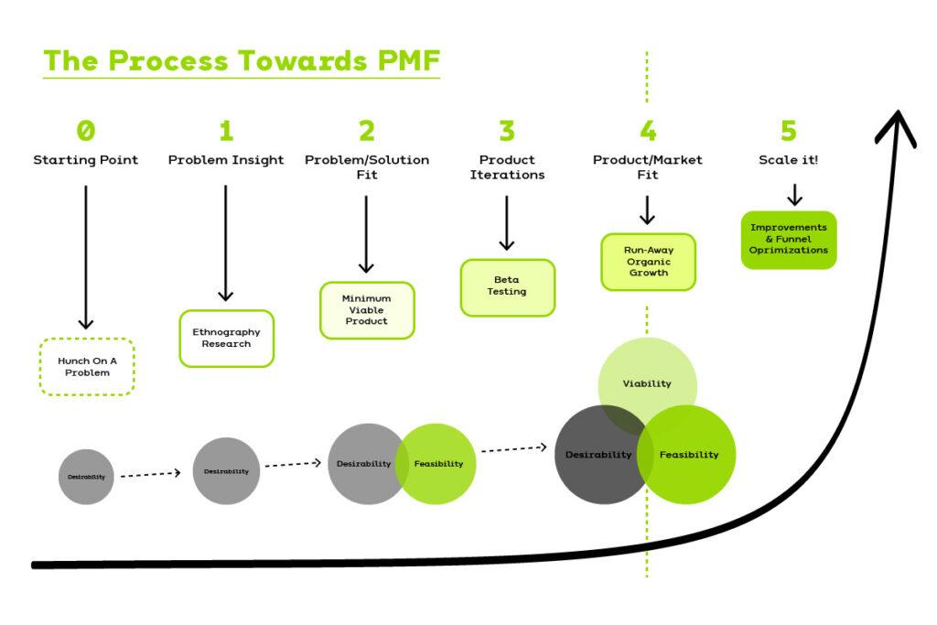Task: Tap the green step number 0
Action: (85, 131)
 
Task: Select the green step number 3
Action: (507, 131)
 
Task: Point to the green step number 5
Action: (788, 131)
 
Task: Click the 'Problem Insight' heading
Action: (226, 160)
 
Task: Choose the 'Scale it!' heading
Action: (788, 160)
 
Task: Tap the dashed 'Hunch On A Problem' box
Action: (87, 367)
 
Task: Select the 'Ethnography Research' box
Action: (226, 338)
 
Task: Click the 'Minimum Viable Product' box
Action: (366, 309)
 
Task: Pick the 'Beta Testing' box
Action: (507, 286)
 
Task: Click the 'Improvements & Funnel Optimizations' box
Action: (788, 239)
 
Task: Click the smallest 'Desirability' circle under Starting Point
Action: (86, 477)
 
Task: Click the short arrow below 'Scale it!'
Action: (794, 194)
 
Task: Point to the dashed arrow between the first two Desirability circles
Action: (151, 474)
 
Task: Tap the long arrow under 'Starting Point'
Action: (86, 256)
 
